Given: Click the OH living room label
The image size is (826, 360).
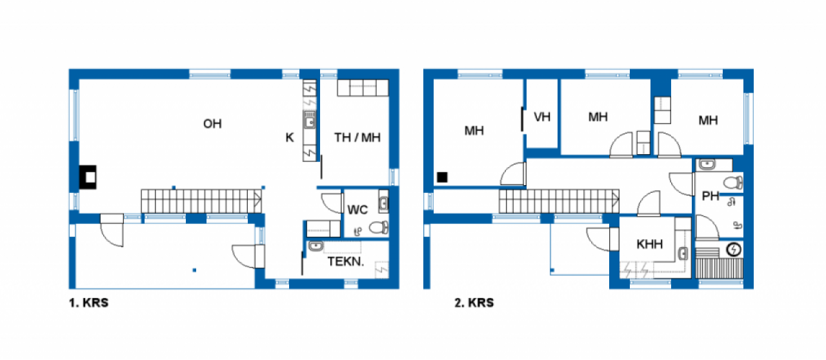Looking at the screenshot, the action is tap(212, 124).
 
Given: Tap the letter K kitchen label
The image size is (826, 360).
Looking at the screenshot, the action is tap(290, 137).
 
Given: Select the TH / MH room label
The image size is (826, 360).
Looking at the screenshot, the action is tap(358, 137).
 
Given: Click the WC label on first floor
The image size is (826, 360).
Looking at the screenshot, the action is tap(358, 210).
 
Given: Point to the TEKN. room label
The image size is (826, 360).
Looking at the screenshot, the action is tap(346, 261).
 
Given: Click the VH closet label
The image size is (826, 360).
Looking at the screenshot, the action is tap(542, 117).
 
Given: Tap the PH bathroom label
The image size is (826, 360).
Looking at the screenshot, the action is tap(710, 196).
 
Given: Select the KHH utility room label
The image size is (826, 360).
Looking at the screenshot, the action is tap(650, 244).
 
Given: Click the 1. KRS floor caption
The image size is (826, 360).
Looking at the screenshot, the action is tap(89, 303).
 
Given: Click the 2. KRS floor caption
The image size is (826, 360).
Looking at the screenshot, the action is tap(474, 303).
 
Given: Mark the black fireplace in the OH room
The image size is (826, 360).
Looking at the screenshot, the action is tap(88, 177).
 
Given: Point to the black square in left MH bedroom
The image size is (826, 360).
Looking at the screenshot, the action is tap(442, 177).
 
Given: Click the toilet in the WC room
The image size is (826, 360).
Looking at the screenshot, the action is tap(379, 228).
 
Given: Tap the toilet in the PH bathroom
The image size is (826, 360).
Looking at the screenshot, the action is tap(733, 183).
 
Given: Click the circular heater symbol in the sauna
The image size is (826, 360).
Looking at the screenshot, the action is tap(734, 250).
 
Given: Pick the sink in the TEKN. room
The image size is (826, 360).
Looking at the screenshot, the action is tap(316, 246).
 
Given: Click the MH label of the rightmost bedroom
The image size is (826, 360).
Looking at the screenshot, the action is tap(708, 120).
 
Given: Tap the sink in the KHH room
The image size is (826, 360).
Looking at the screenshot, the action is tap(683, 254).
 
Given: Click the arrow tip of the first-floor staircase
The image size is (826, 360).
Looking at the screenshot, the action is tap(261, 200).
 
